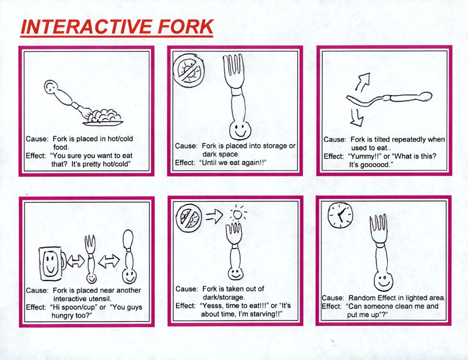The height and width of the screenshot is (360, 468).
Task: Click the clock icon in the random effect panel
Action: [341, 215]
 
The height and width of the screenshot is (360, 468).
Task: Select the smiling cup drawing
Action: [51, 264]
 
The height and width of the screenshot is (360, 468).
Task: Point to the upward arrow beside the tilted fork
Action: [362, 81]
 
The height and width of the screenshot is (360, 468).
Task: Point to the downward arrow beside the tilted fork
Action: [357, 118]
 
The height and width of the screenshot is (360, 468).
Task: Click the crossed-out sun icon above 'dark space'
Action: [189, 71]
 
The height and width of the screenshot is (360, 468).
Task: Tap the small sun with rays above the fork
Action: [238, 213]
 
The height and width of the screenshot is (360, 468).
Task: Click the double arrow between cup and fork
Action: [76, 261]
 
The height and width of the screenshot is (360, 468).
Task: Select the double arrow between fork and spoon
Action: [109, 261]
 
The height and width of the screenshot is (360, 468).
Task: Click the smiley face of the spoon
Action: [129, 276]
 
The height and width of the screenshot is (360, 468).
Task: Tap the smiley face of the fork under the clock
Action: [383, 281]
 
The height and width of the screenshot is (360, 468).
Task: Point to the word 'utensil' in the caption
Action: [101, 298]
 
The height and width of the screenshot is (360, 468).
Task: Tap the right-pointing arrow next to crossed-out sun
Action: [214, 216]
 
